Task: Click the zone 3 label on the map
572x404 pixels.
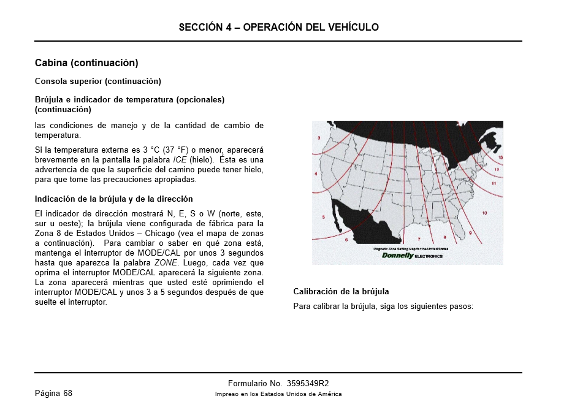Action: click(319, 138)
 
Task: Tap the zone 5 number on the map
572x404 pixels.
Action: click(323, 218)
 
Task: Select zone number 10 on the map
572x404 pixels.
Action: click(484, 213)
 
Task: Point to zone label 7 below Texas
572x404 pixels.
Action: click(419, 238)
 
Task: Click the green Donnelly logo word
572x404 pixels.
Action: click(398, 256)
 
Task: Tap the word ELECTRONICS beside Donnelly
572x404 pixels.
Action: click(429, 256)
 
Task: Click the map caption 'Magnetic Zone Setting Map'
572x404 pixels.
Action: click(410, 248)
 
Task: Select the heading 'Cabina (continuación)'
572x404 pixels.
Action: click(86, 63)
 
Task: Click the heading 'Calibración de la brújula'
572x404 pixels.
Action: click(341, 291)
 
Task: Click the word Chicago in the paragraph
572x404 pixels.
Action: click(159, 233)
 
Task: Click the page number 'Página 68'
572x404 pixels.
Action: click(53, 393)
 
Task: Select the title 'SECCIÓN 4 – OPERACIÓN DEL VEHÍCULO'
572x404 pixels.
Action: click(278, 27)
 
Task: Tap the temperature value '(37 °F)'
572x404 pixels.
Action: click(175, 150)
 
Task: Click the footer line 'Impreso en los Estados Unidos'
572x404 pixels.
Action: click(278, 394)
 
